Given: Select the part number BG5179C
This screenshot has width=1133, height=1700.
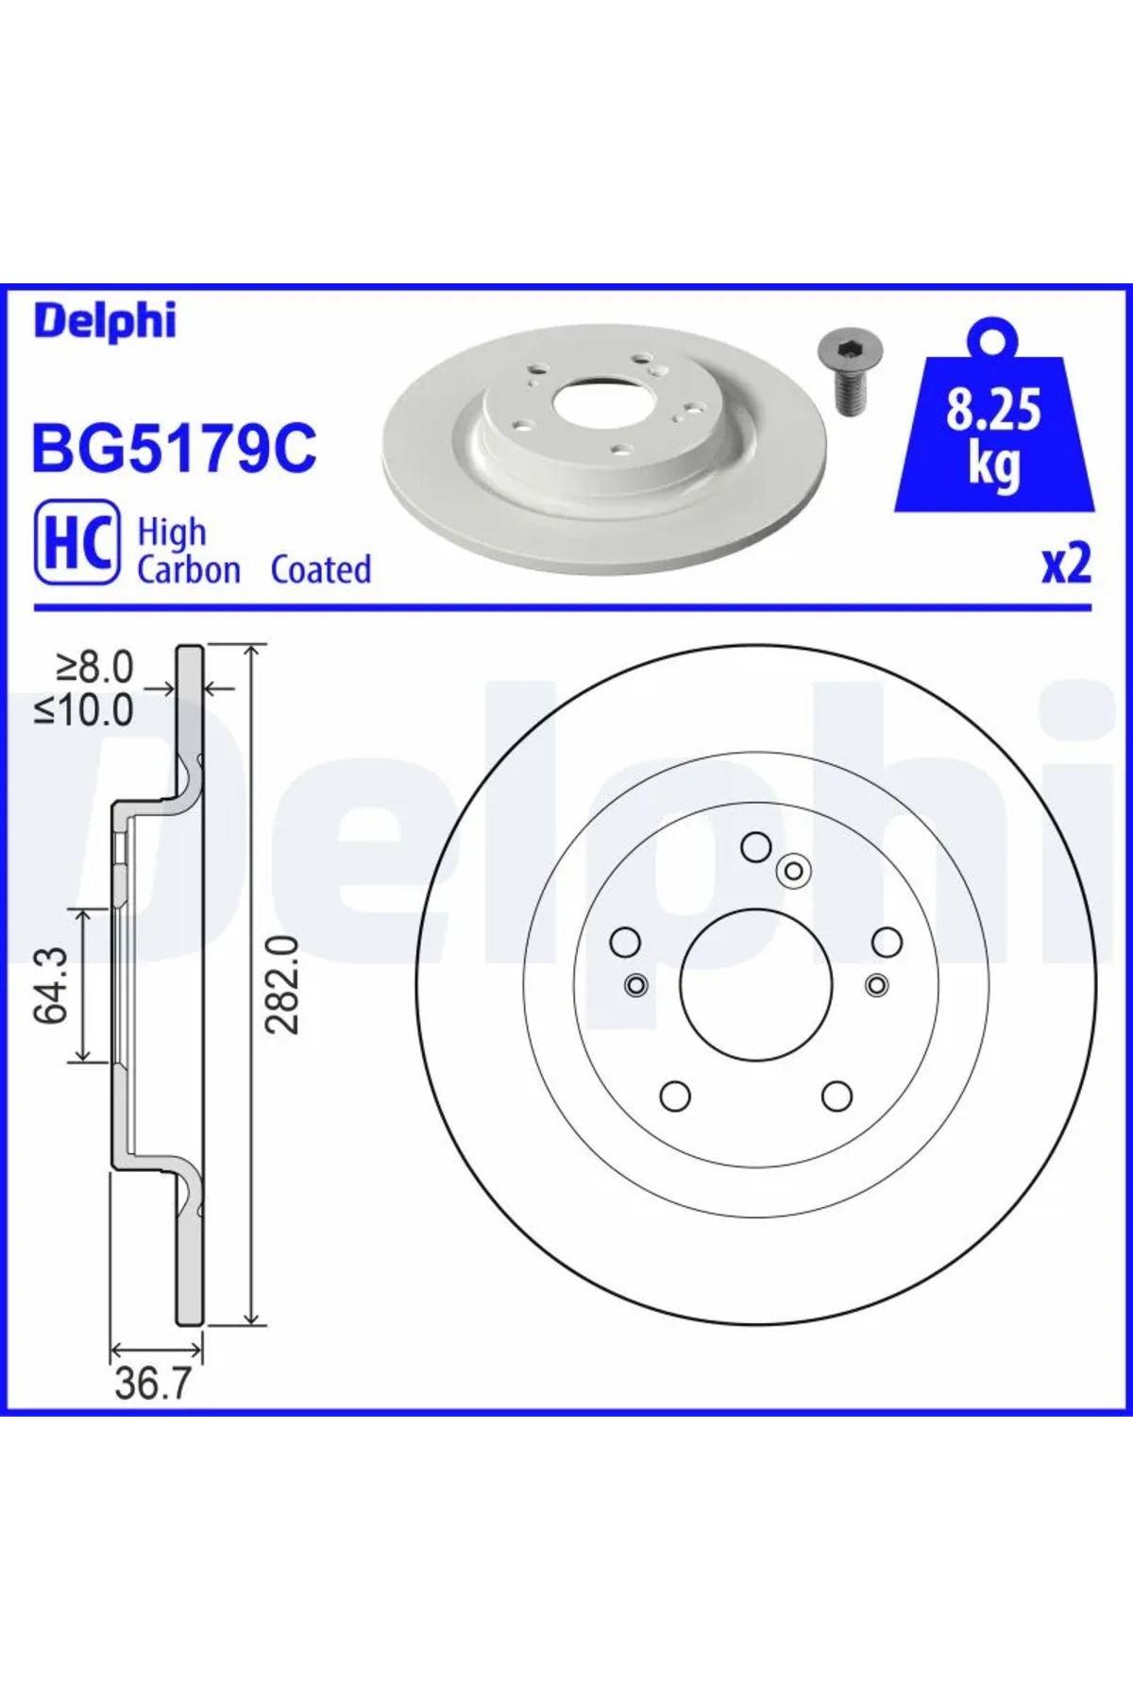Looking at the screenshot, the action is pos(175,449).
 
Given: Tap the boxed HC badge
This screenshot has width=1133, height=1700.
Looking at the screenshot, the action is pos(77,542).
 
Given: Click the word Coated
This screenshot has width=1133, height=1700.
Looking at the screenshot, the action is pos(321,569).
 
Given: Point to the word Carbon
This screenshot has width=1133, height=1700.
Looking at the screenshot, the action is pos(189,569).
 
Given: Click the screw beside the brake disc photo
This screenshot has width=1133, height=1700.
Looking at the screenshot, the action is pos(844,371).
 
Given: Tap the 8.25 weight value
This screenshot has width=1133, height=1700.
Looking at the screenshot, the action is pos(993,409).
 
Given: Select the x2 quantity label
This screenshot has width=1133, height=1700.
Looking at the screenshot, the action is pos(1066,564).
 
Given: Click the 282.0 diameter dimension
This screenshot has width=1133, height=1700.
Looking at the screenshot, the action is pos(281,984).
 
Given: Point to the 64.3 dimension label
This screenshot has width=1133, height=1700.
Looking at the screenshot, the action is pos(51,985).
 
